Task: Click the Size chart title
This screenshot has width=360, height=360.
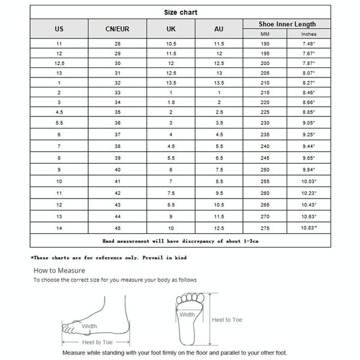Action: coord(181,11)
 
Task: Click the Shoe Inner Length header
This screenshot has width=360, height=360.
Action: coord(286,24)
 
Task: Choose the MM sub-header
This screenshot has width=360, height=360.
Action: coord(265,34)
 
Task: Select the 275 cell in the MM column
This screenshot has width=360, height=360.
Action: coord(265,228)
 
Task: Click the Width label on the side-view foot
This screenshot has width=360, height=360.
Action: coord(89,326)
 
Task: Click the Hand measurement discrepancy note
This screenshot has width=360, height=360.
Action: coord(180,241)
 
